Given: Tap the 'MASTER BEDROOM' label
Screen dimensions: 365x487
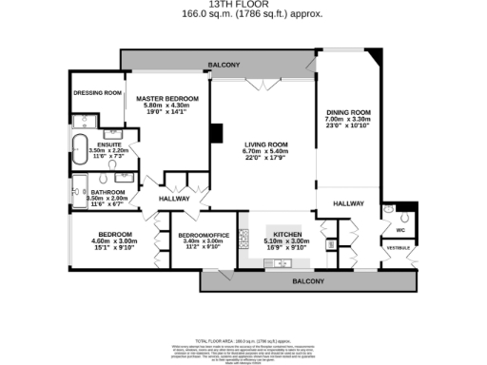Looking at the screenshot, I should (166, 99).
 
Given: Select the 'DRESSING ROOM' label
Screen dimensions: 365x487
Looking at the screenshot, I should (98, 93).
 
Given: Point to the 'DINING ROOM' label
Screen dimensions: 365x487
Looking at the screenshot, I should (348, 112).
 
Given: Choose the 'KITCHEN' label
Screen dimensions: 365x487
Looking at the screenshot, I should (287, 234).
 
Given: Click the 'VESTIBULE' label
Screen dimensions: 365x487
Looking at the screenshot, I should (398, 248).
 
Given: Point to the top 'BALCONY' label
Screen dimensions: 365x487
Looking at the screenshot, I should (224, 65).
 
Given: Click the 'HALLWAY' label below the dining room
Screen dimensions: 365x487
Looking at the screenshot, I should (348, 203).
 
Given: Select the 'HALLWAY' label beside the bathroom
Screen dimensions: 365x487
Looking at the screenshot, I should (174, 199).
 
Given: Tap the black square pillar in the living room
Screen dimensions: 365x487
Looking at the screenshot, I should (217, 133).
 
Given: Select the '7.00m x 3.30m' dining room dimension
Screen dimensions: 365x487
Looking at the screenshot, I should (348, 119).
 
